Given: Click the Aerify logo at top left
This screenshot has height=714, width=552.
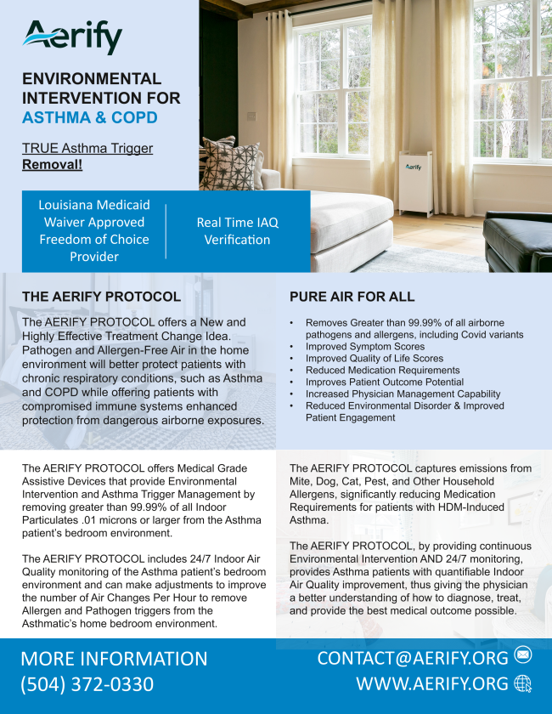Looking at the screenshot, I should point(73,37).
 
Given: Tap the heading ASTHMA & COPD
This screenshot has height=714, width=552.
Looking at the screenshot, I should point(90,117).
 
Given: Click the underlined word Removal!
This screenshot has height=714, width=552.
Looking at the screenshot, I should point(52,164).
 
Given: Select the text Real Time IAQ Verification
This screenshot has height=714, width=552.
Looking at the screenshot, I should point(237,231).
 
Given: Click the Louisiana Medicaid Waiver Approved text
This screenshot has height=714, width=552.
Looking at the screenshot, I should point(94,213).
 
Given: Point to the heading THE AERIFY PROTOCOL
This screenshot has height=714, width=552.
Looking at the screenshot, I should point(101,297).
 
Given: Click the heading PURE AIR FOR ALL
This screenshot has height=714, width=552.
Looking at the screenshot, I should point(352,297).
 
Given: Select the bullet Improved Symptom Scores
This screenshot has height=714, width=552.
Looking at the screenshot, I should point(365,347).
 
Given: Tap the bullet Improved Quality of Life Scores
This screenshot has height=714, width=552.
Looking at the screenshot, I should point(375,359).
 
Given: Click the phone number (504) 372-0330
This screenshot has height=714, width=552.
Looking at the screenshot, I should point(87,684).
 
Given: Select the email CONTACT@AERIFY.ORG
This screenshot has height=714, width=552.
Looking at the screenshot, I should point(413,657).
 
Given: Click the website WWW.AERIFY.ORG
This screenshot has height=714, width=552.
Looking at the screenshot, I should point(432,684).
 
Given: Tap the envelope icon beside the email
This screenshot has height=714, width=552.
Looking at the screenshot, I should point(523,655).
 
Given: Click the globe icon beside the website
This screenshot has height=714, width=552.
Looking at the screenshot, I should point(523,683).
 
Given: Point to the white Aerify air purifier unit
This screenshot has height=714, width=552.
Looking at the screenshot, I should point(413,184).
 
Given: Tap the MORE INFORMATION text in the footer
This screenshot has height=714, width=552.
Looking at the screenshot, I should point(114,659).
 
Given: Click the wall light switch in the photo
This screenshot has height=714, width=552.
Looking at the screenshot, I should point(251,116).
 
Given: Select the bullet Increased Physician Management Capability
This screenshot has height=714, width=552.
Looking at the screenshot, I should point(403,394).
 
